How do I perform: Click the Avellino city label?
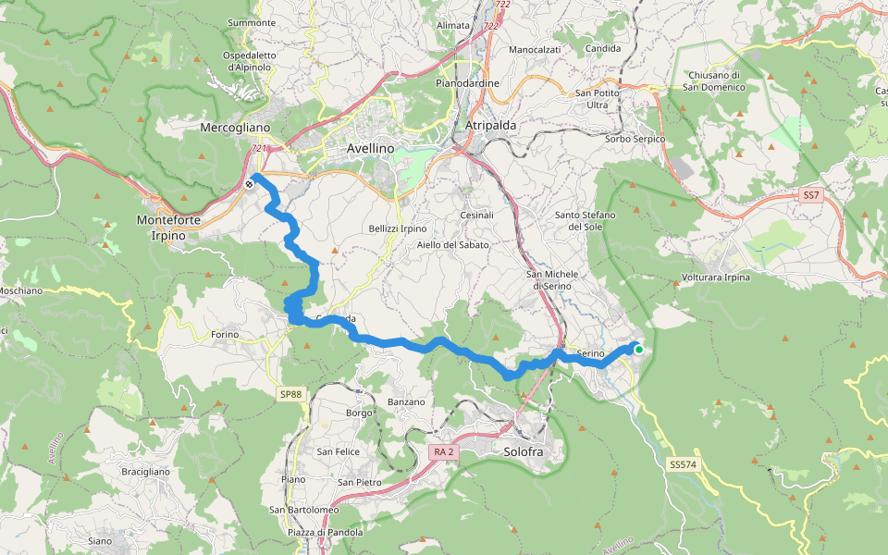[x=370, y=148]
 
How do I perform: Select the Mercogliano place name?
[x=235, y=128]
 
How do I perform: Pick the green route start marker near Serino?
[x=638, y=349]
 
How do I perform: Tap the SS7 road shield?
[x=811, y=195]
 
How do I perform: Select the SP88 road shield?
[x=290, y=395]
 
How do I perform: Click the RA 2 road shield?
[x=443, y=451]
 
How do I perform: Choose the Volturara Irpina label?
[x=715, y=277]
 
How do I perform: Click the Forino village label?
[x=225, y=334]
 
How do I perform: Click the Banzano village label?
[x=406, y=401]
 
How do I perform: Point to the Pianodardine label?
[x=467, y=83]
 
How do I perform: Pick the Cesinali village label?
[x=477, y=216]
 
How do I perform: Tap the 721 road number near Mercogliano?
[x=259, y=148]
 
